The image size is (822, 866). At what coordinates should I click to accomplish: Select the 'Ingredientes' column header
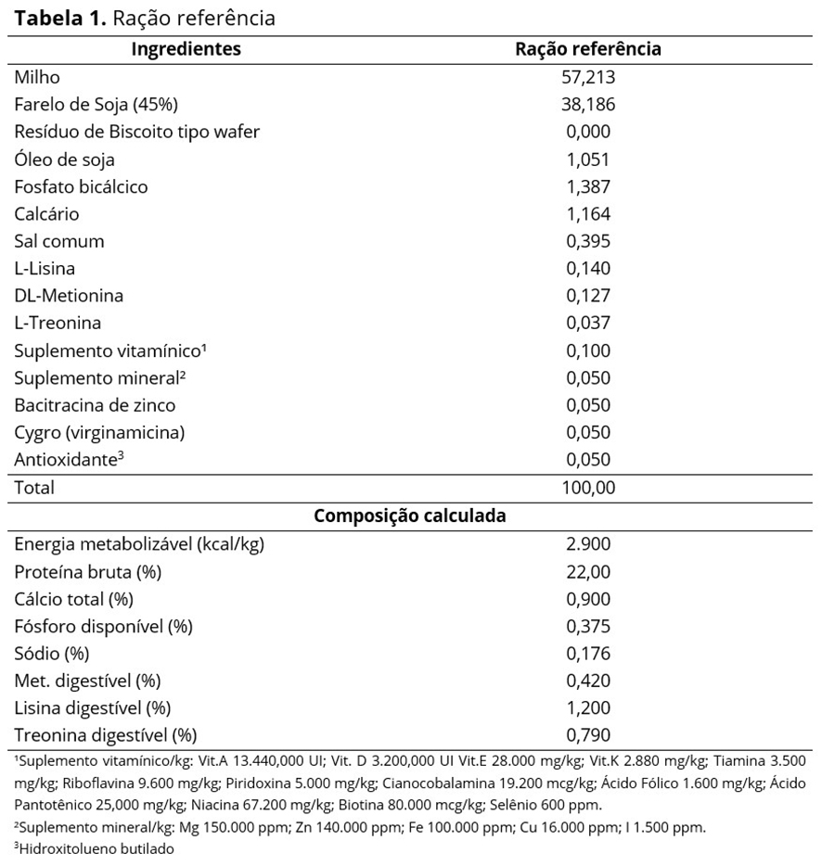tap(186, 49)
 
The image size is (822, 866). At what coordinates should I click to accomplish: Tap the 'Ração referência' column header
tap(588, 49)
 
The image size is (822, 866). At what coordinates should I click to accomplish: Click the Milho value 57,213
tap(588, 78)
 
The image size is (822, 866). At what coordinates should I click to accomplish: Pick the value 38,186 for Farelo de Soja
tap(588, 105)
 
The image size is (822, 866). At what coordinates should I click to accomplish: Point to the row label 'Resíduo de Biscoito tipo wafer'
tap(136, 132)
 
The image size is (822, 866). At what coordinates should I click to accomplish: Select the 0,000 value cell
tap(588, 132)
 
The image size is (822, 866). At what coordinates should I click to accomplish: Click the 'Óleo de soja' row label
tap(64, 159)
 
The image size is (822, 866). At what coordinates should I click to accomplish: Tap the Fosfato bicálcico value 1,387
tap(588, 186)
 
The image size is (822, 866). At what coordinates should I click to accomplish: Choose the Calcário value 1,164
tap(588, 214)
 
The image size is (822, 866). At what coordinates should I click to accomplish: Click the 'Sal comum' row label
tap(59, 241)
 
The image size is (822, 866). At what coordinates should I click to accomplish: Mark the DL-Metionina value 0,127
tap(588, 296)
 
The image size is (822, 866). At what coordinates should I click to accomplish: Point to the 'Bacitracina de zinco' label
tap(95, 405)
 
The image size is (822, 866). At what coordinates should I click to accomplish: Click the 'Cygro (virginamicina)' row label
tap(98, 432)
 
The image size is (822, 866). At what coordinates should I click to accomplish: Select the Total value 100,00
tap(588, 487)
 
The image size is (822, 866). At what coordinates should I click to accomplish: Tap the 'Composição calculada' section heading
tap(410, 516)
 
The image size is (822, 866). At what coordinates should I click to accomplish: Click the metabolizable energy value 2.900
tap(588, 544)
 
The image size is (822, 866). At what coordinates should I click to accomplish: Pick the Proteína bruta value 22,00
tap(588, 572)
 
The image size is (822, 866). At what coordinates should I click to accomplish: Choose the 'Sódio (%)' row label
tap(51, 654)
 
